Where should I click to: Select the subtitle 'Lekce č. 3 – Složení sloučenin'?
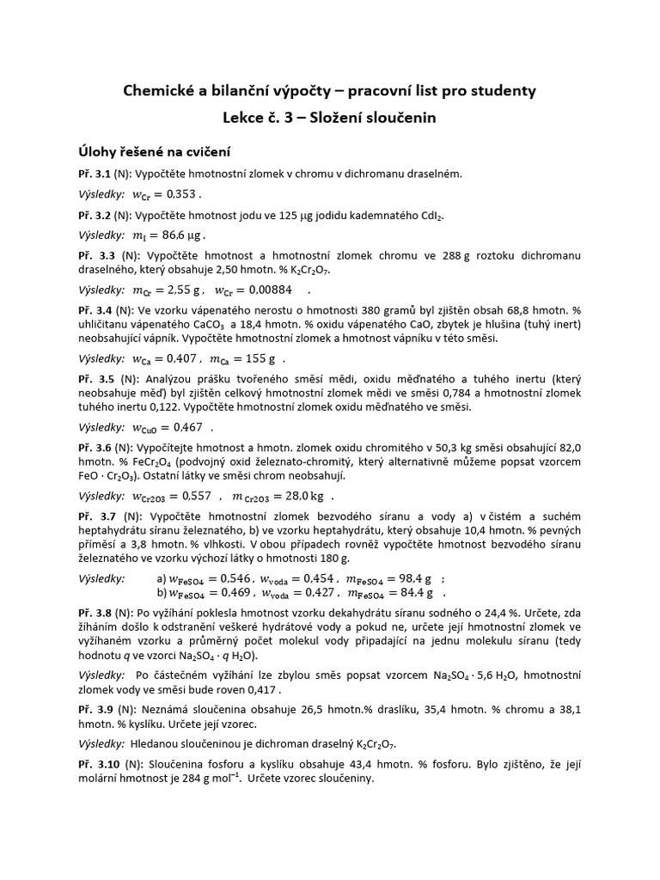coord(330,118)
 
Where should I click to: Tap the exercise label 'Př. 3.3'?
coord(95,256)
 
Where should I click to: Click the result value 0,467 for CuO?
coord(187,427)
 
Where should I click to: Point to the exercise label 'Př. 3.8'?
coord(95,614)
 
